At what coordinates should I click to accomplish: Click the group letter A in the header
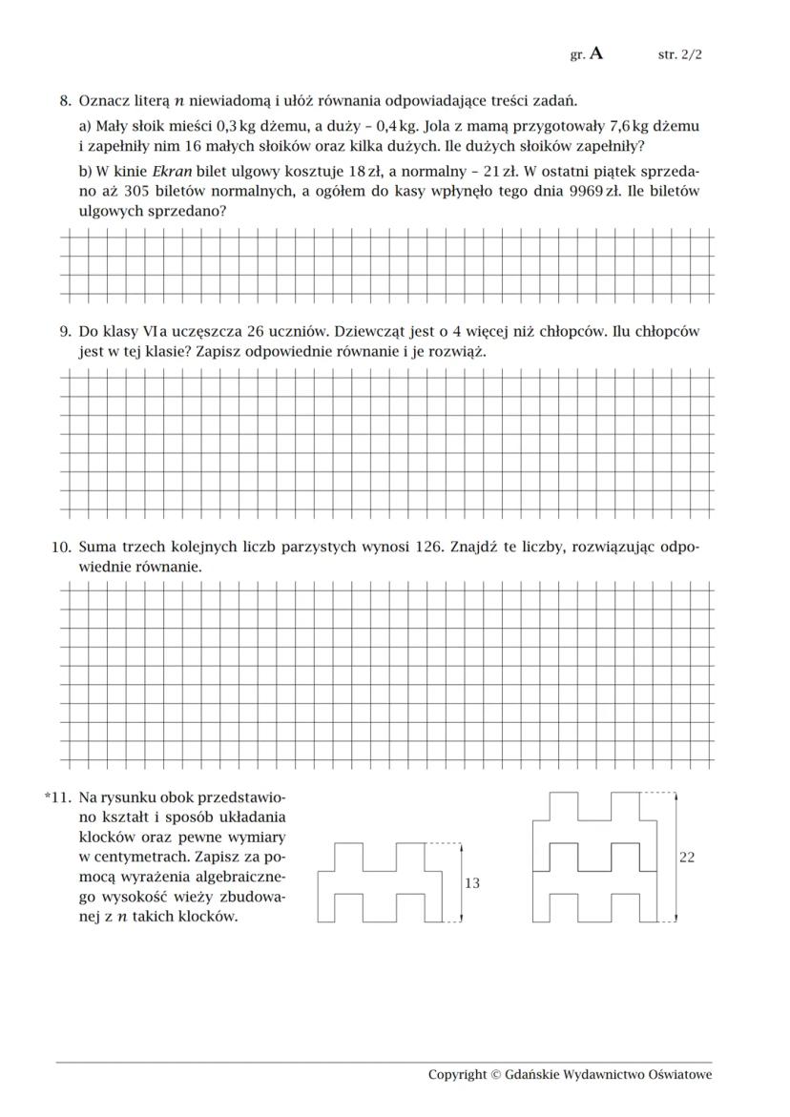pyautogui.click(x=596, y=53)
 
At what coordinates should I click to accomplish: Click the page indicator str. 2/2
pyautogui.click(x=679, y=54)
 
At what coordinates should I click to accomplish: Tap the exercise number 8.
pyautogui.click(x=65, y=100)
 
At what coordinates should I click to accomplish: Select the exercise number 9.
pyautogui.click(x=65, y=332)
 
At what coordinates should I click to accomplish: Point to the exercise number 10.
pyautogui.click(x=61, y=548)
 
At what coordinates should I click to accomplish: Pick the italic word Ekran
pyautogui.click(x=173, y=172)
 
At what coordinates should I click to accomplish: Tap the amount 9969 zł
pyautogui.click(x=590, y=192)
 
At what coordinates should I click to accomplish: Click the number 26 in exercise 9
pyautogui.click(x=255, y=332)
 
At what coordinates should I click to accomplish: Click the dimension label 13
pyautogui.click(x=471, y=884)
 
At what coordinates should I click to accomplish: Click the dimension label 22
pyautogui.click(x=687, y=858)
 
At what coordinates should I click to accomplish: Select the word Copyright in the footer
pyautogui.click(x=457, y=1075)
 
